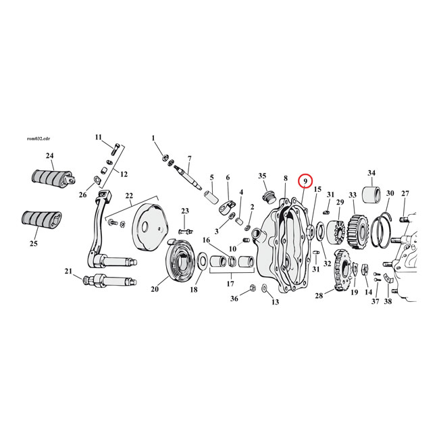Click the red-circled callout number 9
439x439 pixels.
[x=305, y=181]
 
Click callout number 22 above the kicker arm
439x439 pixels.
[x=128, y=196]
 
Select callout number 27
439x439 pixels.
[x=405, y=193]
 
